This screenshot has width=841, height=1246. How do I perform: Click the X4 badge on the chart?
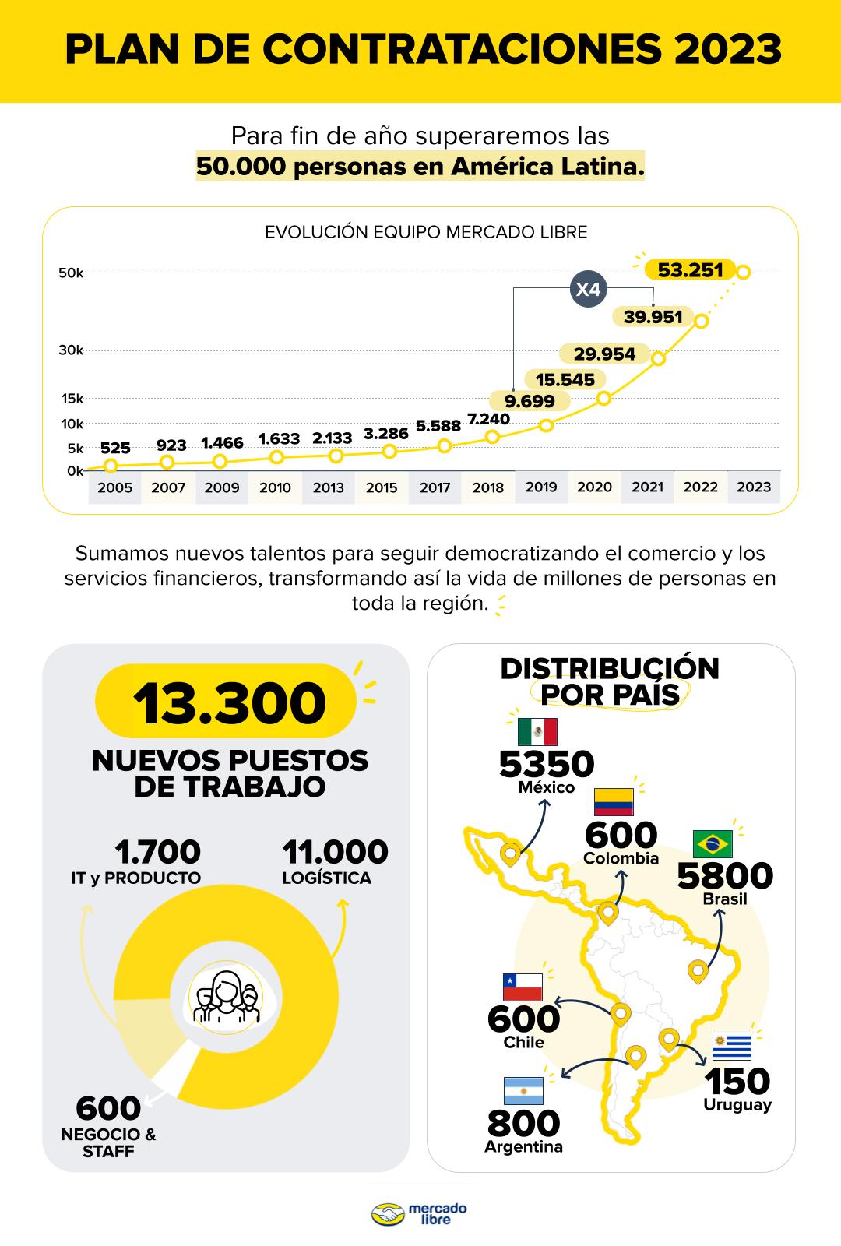[x=587, y=290]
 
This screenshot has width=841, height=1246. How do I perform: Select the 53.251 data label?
[x=690, y=270]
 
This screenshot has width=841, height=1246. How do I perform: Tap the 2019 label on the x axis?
[x=541, y=487]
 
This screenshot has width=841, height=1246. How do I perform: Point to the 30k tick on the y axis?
[x=71, y=350]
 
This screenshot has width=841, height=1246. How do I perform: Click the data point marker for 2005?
[x=111, y=466]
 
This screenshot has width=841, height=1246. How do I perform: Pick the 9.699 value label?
[x=530, y=401]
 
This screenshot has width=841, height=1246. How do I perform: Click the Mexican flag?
[x=537, y=732]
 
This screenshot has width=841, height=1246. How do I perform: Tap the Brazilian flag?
[x=713, y=843]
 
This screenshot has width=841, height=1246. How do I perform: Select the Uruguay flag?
[x=732, y=1047]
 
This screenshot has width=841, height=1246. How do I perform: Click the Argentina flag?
[x=523, y=1091]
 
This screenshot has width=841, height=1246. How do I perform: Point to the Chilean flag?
[x=523, y=987]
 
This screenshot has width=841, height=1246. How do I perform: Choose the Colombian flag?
[x=614, y=801]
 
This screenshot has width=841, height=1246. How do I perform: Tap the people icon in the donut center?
[x=226, y=997]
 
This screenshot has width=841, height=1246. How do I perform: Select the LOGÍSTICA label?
[x=327, y=878]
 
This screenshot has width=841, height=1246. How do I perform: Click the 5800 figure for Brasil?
[x=725, y=876]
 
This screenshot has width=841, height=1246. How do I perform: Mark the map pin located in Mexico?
[x=510, y=854]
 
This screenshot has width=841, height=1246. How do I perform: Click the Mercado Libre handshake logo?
[x=389, y=1214]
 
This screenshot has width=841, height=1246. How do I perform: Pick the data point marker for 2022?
[x=701, y=321]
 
